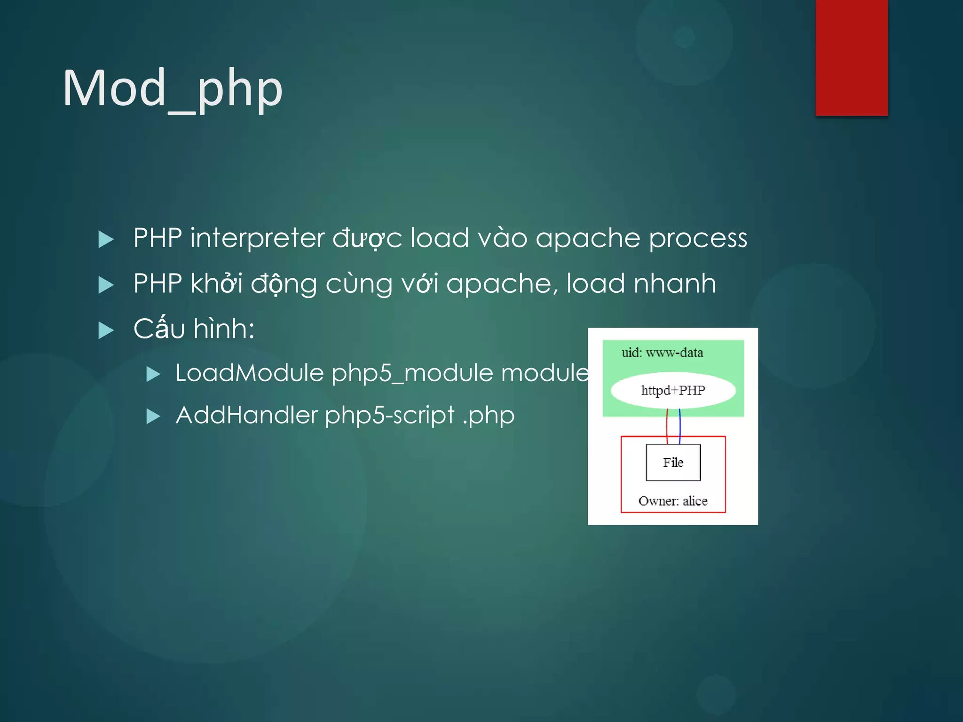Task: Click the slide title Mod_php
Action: click(173, 89)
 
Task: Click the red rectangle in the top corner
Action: click(852, 57)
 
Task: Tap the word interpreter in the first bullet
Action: click(257, 238)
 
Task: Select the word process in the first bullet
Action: click(698, 239)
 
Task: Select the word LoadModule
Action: click(249, 373)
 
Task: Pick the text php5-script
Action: click(389, 416)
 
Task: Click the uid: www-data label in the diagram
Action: click(662, 353)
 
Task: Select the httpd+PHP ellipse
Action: click(673, 390)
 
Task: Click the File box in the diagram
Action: click(673, 463)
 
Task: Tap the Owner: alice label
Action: click(672, 501)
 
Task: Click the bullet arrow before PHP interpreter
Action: click(106, 239)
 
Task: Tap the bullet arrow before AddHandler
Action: click(153, 416)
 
